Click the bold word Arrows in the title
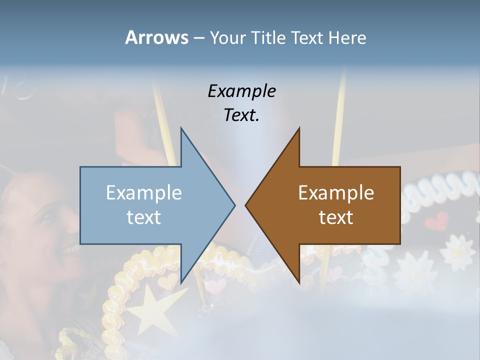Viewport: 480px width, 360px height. coord(156,37)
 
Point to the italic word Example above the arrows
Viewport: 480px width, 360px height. coord(241,91)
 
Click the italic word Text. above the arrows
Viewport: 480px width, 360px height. coord(241,115)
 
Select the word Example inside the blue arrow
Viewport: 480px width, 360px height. coord(144,192)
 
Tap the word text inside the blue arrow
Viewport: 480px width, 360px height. coord(144,217)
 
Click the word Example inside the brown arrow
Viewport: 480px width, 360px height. coord(336,192)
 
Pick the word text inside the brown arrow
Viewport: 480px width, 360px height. coord(336,217)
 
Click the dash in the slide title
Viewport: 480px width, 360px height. coord(198,38)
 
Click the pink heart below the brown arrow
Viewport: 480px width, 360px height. coord(217,286)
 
